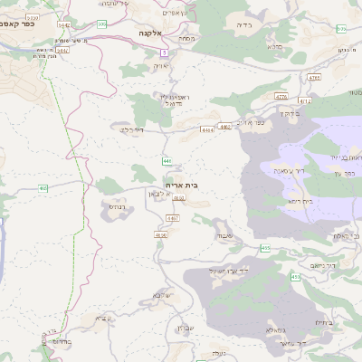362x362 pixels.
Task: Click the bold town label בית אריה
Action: point(183,185)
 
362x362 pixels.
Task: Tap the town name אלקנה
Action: point(149,33)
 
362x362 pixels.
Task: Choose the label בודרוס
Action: point(56,343)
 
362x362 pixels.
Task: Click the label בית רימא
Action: point(297,201)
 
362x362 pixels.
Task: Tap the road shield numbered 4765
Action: point(314,78)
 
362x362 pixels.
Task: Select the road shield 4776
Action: point(281,96)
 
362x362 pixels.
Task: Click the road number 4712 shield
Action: point(305,101)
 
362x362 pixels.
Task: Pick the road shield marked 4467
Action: point(173,218)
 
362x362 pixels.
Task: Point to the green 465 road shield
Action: point(265,247)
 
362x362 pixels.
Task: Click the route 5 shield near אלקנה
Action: point(165,53)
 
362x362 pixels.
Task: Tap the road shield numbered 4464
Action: point(208,129)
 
